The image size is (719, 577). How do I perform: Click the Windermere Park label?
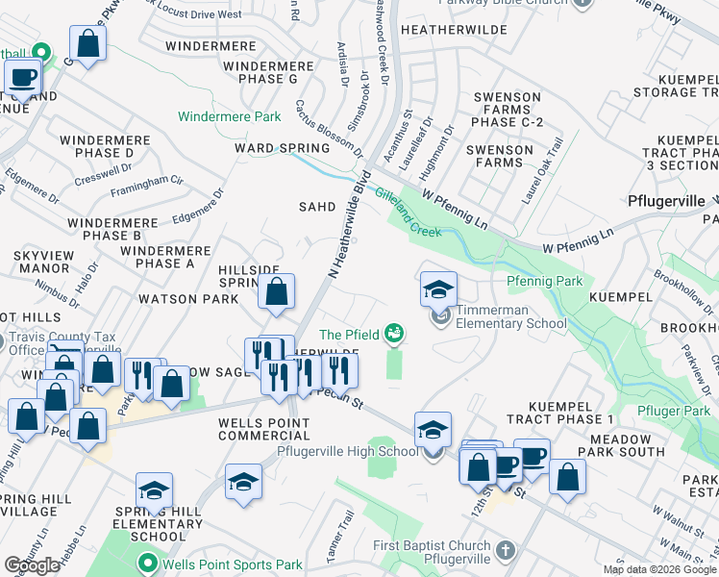(x=229, y=116)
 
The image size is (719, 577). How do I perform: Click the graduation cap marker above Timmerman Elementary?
(x=438, y=288)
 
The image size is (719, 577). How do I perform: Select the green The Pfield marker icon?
(x=392, y=334)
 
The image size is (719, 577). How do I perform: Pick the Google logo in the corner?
(x=33, y=565)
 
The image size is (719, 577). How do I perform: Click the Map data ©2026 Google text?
(x=659, y=569)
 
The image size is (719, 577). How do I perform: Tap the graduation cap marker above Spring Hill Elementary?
(x=154, y=490)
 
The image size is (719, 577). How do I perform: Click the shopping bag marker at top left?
(x=87, y=43)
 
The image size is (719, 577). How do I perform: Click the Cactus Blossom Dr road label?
(x=329, y=130)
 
